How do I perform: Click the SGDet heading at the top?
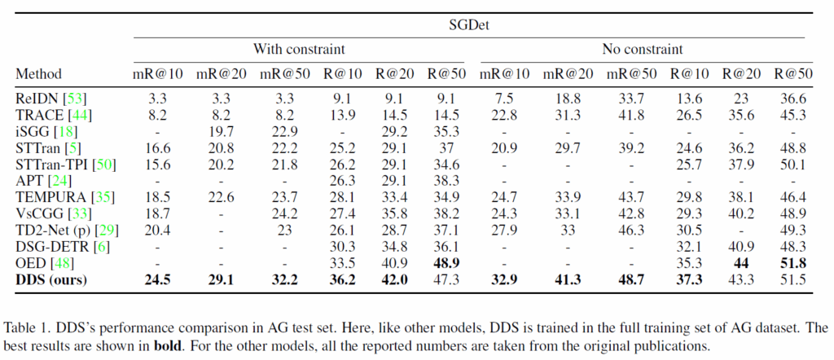[x=482, y=25]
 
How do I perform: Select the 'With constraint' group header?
[x=299, y=49]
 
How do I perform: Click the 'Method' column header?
[x=38, y=74]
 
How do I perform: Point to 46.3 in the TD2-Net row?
[x=627, y=229]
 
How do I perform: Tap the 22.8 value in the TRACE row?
[x=505, y=114]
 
